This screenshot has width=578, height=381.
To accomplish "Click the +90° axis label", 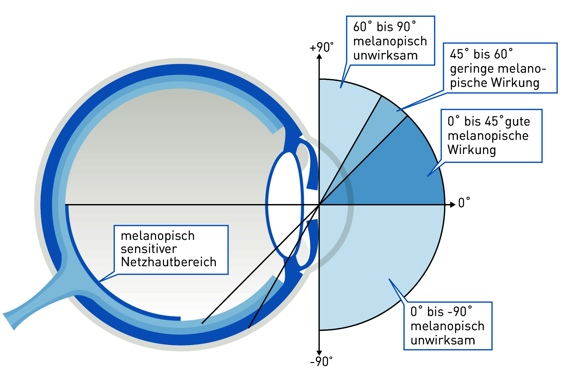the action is click(322, 47).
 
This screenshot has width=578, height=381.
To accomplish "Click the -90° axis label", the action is click(321, 361).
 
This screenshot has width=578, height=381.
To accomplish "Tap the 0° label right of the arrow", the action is click(464, 203).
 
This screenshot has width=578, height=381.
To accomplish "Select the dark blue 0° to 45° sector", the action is click(400, 175).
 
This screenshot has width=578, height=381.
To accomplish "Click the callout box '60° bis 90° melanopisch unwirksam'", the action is click(390, 41).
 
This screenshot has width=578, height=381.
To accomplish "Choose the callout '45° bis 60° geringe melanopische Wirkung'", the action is click(500, 68).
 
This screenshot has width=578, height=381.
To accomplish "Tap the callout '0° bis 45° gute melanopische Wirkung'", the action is click(491, 136).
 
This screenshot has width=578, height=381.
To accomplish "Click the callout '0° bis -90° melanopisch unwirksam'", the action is click(448, 326).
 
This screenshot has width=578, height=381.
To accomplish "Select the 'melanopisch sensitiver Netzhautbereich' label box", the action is click(171, 250).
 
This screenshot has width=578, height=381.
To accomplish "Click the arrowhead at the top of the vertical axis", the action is click(319, 56).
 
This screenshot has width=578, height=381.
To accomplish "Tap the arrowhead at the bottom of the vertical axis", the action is click(319, 353).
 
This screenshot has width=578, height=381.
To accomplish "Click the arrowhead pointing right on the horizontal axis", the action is click(452, 205).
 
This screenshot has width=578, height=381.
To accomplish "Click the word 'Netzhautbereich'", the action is click(169, 262).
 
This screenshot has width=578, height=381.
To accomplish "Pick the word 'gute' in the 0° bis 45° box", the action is click(517, 122).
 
